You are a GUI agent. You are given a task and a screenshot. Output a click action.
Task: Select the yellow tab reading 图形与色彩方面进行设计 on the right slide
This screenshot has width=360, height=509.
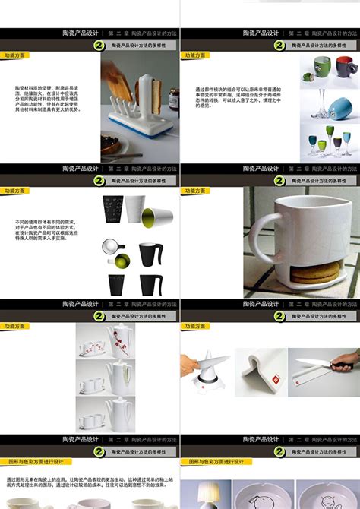point(213,461)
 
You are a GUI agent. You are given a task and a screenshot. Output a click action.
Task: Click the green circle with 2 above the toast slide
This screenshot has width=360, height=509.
point(99,46)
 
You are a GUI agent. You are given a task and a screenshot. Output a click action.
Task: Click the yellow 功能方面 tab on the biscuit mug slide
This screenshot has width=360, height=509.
point(194,191)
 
